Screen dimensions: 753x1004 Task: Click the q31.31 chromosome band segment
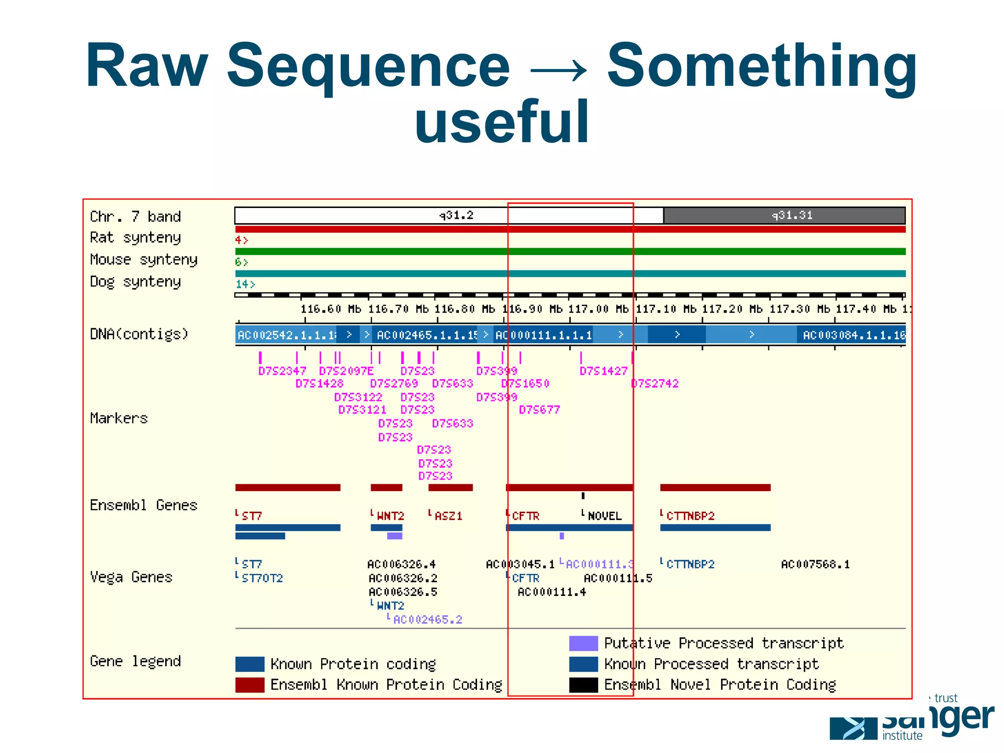point(784,215)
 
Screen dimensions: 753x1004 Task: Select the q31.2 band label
point(456,215)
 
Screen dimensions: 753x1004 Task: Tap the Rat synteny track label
point(135,238)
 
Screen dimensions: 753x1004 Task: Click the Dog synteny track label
point(135,282)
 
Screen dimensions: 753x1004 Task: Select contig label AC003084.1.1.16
point(853,335)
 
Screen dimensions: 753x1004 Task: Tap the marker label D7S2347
point(282,371)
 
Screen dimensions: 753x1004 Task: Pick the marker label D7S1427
point(603,371)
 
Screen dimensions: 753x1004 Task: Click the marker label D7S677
point(539,410)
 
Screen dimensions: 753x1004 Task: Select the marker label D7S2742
point(655,384)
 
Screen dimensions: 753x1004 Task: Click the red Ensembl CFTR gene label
point(525,516)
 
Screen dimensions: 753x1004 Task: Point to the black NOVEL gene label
point(604,516)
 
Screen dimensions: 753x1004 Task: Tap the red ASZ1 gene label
point(448,516)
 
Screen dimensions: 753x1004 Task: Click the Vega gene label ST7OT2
point(262,578)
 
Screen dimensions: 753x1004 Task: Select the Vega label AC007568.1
point(815,565)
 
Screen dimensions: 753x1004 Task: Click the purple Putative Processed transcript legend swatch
point(583,643)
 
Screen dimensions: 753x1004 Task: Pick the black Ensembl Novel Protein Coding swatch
point(583,685)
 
